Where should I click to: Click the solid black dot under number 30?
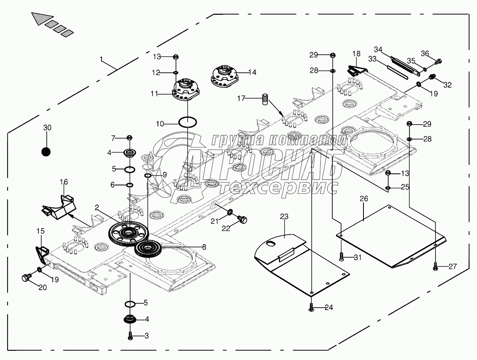click(46, 151)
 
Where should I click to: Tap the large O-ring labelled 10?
click(188, 122)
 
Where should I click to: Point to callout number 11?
click(155, 93)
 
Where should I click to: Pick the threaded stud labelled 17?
click(266, 100)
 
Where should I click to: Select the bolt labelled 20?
click(26, 277)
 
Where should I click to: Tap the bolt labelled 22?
click(242, 219)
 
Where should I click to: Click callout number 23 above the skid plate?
click(284, 217)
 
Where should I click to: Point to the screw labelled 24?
click(311, 307)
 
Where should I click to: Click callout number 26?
click(364, 199)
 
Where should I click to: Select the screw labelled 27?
click(436, 266)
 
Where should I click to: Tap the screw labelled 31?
click(341, 257)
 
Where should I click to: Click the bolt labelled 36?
click(438, 61)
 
